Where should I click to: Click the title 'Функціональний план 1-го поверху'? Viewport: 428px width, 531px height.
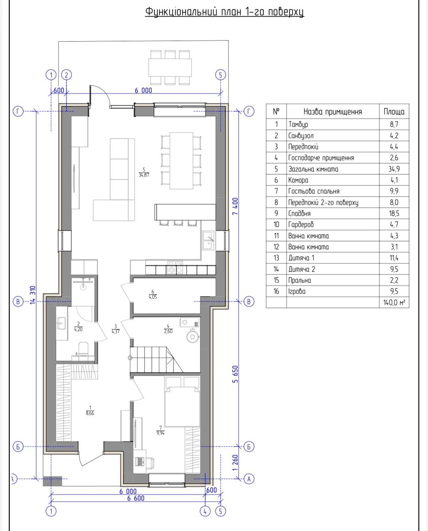coord(224,12)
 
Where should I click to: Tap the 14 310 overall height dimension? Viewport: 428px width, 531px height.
coord(33,295)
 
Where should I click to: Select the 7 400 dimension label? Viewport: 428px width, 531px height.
coord(235,206)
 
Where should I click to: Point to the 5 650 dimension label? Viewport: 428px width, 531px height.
coord(235,374)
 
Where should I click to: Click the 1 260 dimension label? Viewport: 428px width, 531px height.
coord(235,463)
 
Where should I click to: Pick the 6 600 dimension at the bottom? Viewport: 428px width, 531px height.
coord(135,498)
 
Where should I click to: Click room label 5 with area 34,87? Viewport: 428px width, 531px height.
coord(144,172)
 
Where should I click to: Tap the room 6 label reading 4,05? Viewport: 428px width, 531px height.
coord(153,294)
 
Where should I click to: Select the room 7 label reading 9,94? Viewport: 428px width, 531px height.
coord(160,431)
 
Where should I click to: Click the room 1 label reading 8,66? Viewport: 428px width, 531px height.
coord(90,411)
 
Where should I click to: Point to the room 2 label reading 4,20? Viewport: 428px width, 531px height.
coord(78,327)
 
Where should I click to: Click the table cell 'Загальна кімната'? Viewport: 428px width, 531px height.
coord(313,169)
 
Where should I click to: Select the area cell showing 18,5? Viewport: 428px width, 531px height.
coord(394,213)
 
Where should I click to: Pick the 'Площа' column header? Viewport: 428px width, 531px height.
coord(394,112)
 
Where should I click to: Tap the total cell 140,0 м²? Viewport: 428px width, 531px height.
coord(394,302)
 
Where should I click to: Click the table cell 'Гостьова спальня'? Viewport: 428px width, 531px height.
coord(314,191)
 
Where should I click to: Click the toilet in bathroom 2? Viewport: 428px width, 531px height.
coord(83,348)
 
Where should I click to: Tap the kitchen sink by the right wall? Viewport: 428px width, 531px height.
coord(208,240)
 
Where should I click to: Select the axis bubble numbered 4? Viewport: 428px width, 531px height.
coord(205,511)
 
